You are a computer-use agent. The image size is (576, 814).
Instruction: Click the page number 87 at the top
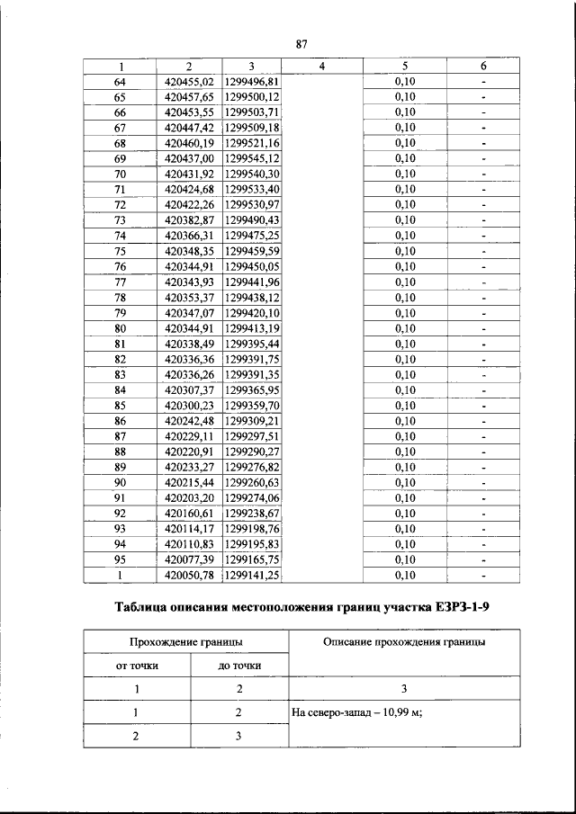click(301, 45)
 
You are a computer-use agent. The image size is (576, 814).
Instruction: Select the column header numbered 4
click(321, 67)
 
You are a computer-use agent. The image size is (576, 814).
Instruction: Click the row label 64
click(120, 82)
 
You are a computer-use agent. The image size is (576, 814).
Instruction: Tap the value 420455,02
click(189, 82)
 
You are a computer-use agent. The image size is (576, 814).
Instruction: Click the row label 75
click(120, 251)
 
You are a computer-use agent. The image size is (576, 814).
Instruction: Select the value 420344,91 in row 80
click(189, 328)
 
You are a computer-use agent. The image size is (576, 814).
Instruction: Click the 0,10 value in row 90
click(405, 483)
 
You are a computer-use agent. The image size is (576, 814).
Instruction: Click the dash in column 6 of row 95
click(483, 559)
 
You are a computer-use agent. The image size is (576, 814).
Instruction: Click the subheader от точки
click(138, 666)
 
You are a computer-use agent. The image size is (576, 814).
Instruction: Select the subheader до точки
click(239, 666)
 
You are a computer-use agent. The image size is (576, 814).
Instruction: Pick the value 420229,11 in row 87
click(189, 436)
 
